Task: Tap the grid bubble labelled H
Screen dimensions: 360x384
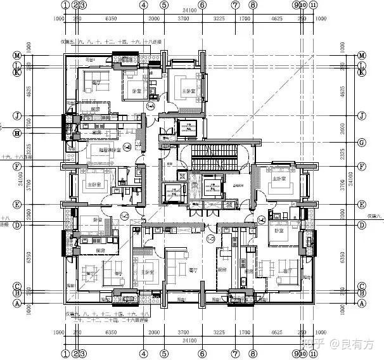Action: [18, 132]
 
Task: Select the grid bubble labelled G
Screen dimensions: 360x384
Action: [362, 143]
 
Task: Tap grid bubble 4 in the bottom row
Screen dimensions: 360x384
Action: [144, 353]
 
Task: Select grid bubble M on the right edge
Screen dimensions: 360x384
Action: [362, 55]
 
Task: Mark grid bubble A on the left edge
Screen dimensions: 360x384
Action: [18, 303]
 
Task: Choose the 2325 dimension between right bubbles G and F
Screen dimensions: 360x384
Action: [352, 154]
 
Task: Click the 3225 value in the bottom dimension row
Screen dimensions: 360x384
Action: [219, 333]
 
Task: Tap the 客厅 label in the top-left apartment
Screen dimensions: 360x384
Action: [96, 83]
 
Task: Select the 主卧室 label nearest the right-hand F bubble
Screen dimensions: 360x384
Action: [279, 179]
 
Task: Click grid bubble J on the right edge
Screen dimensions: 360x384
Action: [362, 116]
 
